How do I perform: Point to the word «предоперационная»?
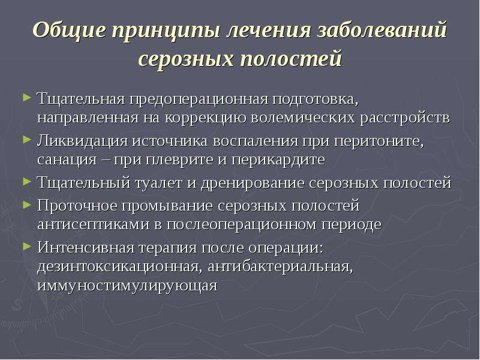(199, 100)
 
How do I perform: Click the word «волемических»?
(302, 118)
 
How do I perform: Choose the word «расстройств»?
(404, 118)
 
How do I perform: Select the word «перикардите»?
(278, 160)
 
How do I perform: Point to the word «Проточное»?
(77, 206)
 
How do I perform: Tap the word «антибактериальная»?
(280, 267)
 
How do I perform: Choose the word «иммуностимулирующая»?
(127, 286)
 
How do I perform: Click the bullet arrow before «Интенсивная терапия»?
(27, 246)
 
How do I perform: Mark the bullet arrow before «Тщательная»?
(27, 98)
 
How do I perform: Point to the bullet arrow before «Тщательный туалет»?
(27, 181)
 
